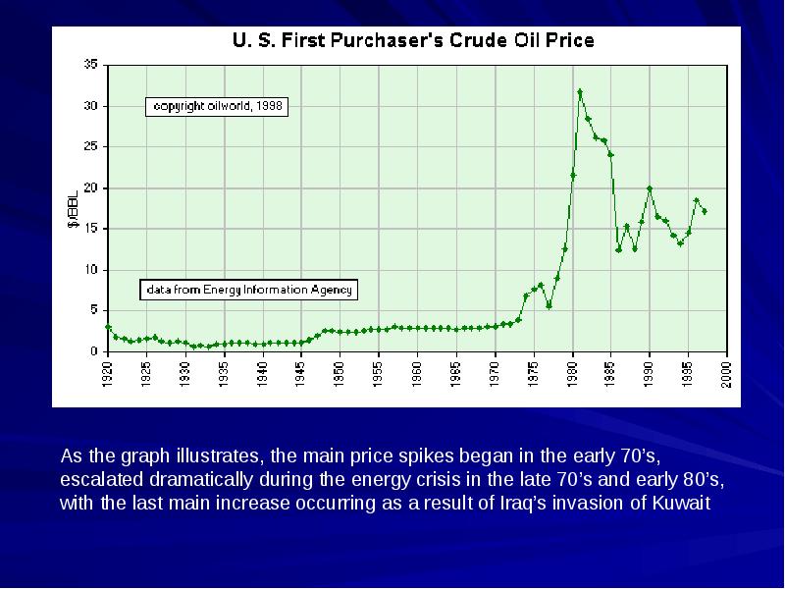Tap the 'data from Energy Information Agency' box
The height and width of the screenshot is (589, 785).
click(x=249, y=290)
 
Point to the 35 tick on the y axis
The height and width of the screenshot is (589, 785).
click(x=90, y=64)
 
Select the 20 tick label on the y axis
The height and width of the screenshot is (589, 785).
click(x=90, y=187)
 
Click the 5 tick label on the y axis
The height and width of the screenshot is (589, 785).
click(x=93, y=310)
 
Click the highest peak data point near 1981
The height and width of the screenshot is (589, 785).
click(x=580, y=92)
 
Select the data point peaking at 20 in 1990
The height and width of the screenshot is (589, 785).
click(x=650, y=188)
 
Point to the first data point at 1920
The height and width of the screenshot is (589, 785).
click(x=108, y=327)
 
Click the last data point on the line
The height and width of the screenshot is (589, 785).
click(x=704, y=212)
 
